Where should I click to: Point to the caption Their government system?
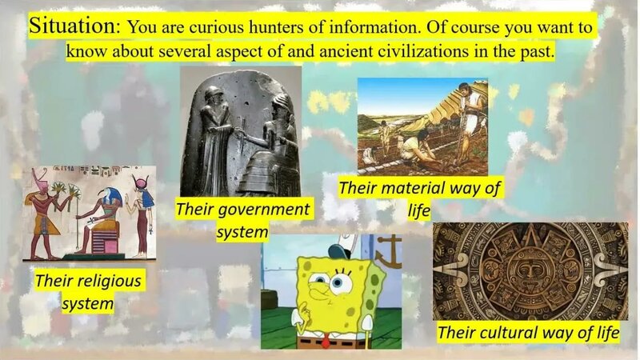[x=242, y=221]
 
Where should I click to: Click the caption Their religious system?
[x=88, y=292]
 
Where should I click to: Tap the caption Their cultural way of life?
[x=529, y=332]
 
